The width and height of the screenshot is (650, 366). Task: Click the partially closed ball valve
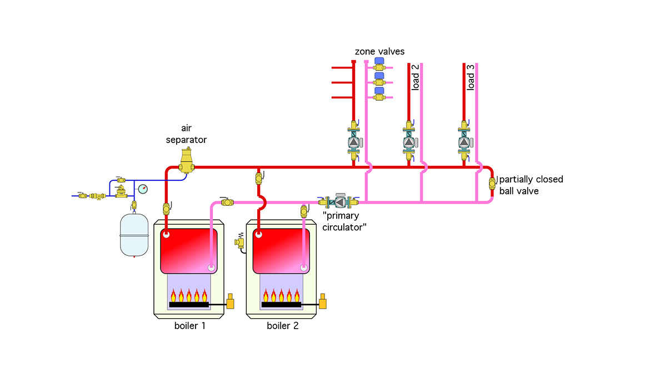point(492,184)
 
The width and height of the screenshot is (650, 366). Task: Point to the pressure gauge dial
point(143,189)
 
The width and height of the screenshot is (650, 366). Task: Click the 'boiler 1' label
point(189,326)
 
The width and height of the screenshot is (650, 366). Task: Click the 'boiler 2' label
point(282,326)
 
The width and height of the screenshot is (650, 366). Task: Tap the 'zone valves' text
point(379,51)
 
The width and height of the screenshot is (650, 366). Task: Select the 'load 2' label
point(415,77)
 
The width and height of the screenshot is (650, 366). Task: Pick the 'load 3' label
point(471,77)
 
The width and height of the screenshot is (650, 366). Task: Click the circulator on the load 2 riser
point(409,142)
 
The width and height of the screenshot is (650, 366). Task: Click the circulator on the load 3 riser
point(464,142)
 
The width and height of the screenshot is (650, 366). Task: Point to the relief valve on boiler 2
point(241,243)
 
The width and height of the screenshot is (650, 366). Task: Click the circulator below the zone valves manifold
point(354,142)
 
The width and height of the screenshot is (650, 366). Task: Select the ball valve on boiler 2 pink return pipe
point(304,211)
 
